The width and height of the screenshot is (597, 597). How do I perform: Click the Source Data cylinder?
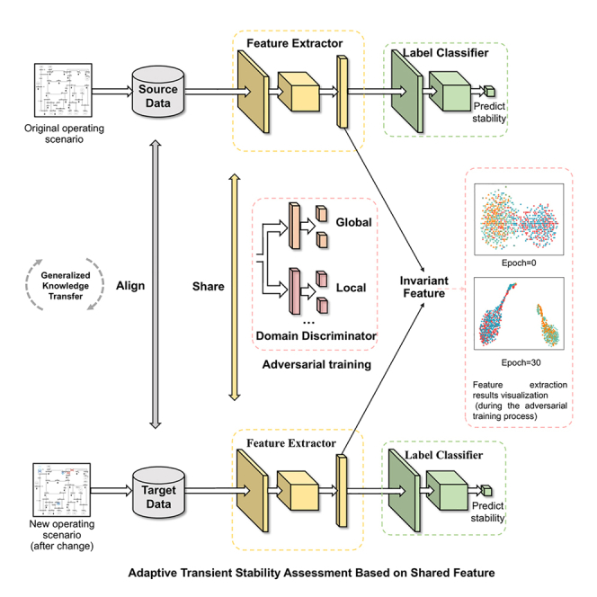point(158,92)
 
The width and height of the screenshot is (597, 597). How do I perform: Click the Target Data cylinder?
point(159,493)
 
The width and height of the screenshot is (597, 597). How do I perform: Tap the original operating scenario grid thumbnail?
point(63,90)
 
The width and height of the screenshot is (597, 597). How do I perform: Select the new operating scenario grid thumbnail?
point(62,490)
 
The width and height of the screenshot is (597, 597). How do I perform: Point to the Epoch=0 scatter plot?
point(519,219)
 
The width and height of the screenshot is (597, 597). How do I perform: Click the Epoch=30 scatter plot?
point(519,314)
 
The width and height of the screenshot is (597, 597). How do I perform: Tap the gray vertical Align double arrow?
point(156,284)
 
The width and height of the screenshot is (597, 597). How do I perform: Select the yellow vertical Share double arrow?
point(235,287)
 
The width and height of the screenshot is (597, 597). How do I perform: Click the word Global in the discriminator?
point(353,222)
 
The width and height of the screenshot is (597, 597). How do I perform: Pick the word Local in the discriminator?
point(351,288)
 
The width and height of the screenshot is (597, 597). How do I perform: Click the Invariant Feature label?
point(423,287)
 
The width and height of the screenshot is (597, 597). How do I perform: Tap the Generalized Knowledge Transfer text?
point(66,286)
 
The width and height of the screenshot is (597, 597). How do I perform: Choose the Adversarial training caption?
point(316,365)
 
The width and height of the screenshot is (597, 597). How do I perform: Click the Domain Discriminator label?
point(316,336)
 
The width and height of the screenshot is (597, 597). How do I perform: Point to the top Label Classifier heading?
point(445,53)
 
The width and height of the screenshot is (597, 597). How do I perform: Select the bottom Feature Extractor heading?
point(291,443)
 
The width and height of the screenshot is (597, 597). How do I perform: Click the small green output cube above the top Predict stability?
point(489,92)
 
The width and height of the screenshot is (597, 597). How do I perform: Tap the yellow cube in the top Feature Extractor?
point(298,92)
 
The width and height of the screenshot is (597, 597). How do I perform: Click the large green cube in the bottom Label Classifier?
point(447,490)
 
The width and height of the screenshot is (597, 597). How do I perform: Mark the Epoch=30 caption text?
point(521,363)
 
